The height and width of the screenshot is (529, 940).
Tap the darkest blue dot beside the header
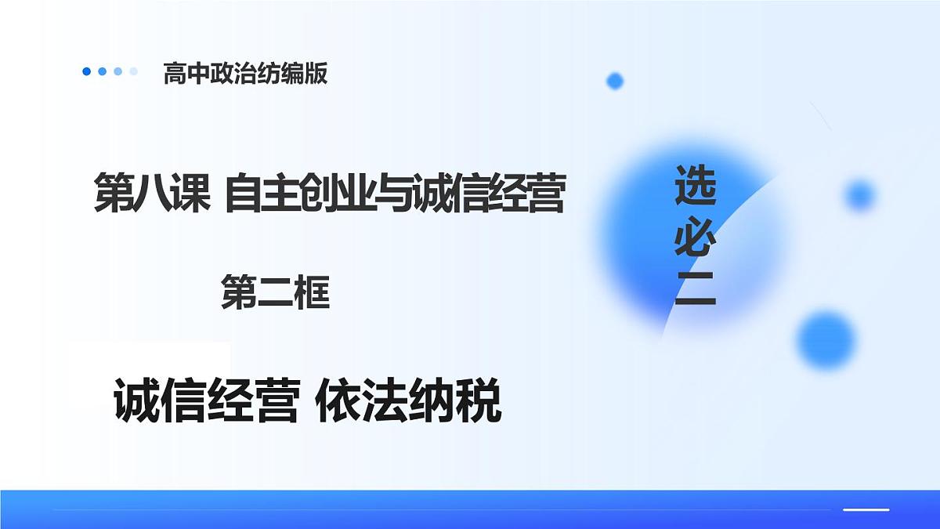point(87,71)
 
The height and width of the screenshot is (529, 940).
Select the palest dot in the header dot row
point(134,71)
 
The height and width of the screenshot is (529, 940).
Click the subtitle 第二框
point(275,292)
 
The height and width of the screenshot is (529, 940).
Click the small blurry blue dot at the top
point(615,80)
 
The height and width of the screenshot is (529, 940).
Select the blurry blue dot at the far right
point(860,194)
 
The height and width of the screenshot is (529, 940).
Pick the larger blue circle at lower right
point(826,339)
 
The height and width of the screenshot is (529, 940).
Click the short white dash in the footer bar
point(866,509)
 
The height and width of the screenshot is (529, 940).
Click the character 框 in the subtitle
point(311,292)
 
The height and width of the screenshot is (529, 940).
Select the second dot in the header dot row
point(103,71)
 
